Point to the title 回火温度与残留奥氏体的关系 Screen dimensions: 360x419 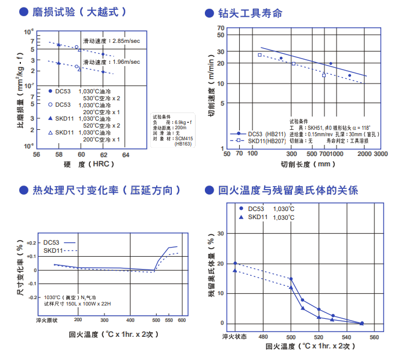(x=288, y=190)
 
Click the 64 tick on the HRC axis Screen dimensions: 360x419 (x=125, y=155)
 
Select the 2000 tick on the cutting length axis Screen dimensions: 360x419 (x=364, y=154)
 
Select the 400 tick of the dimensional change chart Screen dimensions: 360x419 (x=130, y=320)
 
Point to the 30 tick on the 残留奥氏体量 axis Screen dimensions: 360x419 (x=220, y=234)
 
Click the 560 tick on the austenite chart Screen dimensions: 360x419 (x=374, y=337)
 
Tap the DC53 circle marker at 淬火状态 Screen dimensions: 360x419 (x=235, y=263)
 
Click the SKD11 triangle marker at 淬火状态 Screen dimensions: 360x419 (x=235, y=270)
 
